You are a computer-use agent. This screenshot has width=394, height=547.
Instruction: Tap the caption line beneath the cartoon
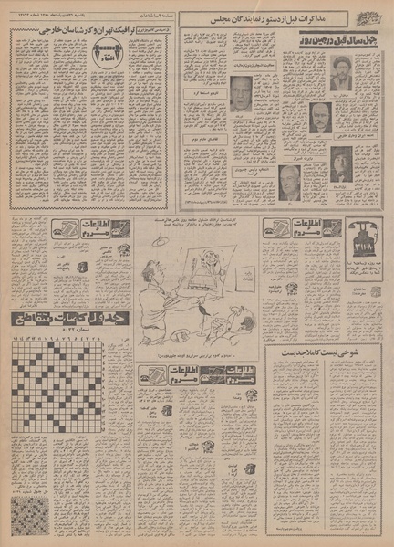click(x=196, y=351)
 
